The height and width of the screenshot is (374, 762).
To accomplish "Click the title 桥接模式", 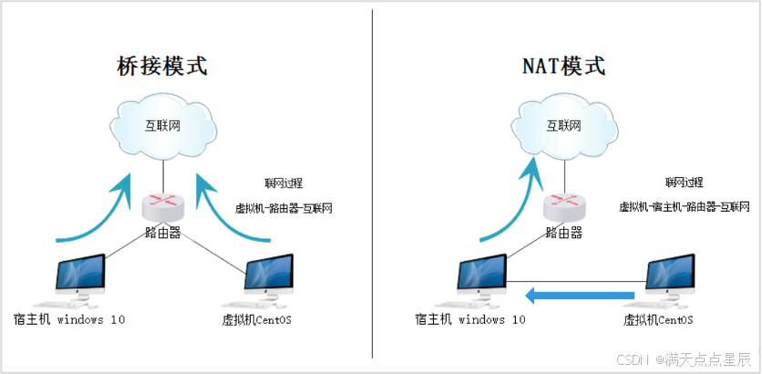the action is pyautogui.click(x=161, y=66).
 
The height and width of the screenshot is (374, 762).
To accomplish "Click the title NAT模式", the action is pyautogui.click(x=563, y=66).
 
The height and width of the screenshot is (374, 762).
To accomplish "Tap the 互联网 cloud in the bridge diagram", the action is pyautogui.click(x=162, y=125).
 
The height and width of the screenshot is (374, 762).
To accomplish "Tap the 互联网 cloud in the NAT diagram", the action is pyautogui.click(x=563, y=125).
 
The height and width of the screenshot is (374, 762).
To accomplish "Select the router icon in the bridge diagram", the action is pyautogui.click(x=162, y=205).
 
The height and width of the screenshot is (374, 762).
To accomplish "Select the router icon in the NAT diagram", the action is pyautogui.click(x=563, y=205).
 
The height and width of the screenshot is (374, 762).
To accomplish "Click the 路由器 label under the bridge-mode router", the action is pyautogui.click(x=162, y=233).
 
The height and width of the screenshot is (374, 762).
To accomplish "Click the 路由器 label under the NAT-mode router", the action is pyautogui.click(x=563, y=233).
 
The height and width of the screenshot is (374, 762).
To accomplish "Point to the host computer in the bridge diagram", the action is pyautogui.click(x=81, y=277).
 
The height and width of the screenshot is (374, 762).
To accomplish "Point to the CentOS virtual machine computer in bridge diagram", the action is pyautogui.click(x=271, y=277).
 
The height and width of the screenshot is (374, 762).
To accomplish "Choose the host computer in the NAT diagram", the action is pyautogui.click(x=482, y=277).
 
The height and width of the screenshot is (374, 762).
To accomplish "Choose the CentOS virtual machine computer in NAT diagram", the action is pyautogui.click(x=673, y=277).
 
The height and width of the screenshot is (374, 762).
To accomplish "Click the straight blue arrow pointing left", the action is pyautogui.click(x=579, y=295).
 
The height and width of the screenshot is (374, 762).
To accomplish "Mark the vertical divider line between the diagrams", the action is pyautogui.click(x=372, y=182).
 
